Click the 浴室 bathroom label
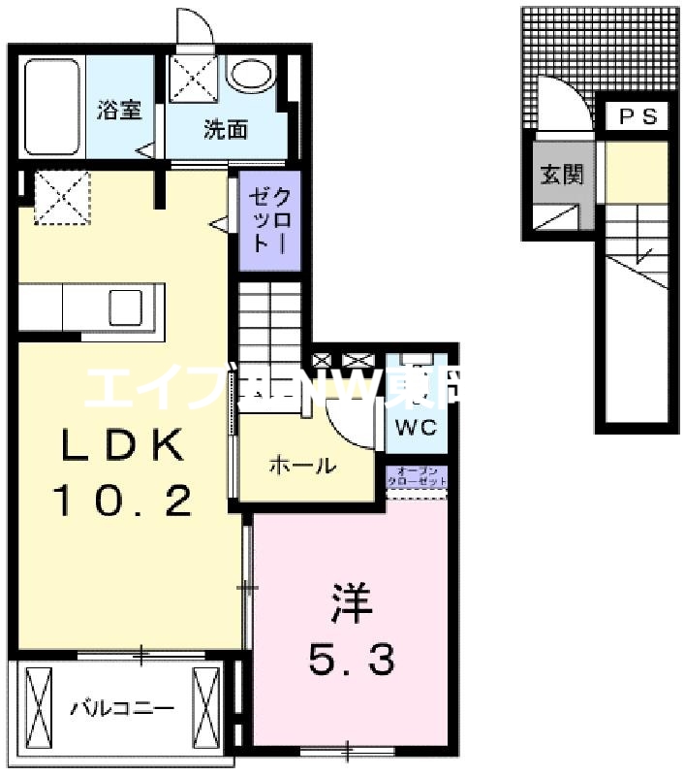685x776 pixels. (x=119, y=111)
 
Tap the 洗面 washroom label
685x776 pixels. (x=225, y=130)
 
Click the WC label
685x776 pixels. (x=417, y=427)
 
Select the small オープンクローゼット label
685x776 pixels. (x=417, y=476)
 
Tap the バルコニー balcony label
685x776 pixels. (x=121, y=708)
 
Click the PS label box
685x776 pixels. (x=638, y=116)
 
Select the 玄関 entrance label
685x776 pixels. (x=561, y=175)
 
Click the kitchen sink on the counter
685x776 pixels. (x=126, y=307)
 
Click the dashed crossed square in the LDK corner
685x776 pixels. (x=63, y=197)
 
